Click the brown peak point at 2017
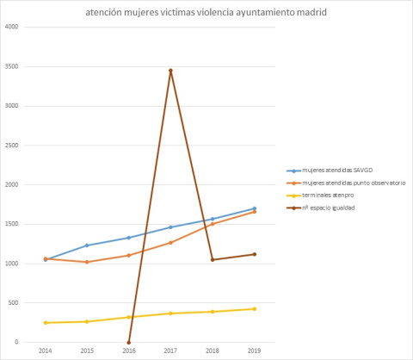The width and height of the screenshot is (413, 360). [x=170, y=71]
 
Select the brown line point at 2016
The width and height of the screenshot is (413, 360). [x=129, y=342]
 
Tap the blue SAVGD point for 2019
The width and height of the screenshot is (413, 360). [x=254, y=208]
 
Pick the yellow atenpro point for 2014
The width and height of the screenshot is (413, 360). [x=46, y=323]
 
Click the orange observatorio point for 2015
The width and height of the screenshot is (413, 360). [x=87, y=262]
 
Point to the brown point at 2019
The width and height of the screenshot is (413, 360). [x=254, y=254]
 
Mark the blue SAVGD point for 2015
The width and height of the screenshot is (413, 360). [x=87, y=245]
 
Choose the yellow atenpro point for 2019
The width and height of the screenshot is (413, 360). [x=254, y=308]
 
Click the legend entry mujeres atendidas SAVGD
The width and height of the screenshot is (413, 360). [x=331, y=171]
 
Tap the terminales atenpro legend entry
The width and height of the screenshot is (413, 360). [x=327, y=196]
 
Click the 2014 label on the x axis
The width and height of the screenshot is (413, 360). [x=46, y=351]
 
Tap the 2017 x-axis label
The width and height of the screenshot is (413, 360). [x=170, y=351]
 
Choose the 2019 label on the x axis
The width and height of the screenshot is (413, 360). [x=254, y=351]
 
